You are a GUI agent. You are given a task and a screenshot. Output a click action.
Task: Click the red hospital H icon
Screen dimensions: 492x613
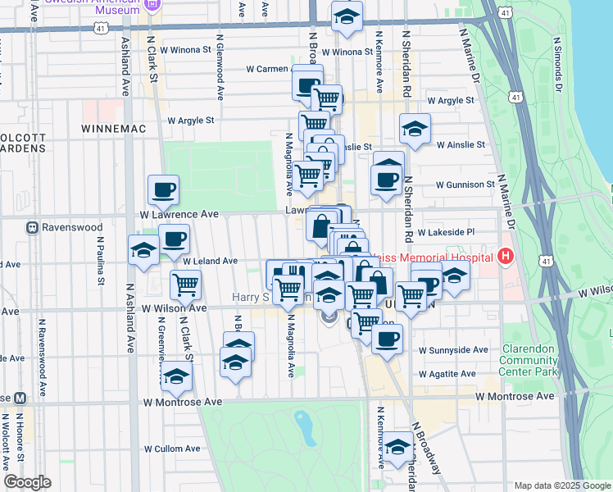(x=505, y=257)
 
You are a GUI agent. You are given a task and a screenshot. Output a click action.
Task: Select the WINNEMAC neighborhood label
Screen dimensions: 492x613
(x=111, y=129)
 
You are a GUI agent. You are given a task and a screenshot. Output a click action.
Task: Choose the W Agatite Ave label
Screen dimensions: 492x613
(x=447, y=374)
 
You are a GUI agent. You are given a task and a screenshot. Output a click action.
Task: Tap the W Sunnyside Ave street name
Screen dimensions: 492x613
(x=453, y=349)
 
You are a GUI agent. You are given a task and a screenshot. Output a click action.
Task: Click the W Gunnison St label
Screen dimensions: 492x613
(x=465, y=184)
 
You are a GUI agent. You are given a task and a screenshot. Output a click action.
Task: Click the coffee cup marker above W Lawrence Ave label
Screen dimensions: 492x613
(x=163, y=189)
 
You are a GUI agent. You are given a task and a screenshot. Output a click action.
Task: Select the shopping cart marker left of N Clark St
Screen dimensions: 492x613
(x=186, y=285)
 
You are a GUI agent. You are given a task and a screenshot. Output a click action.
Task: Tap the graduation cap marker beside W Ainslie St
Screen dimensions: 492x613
(x=415, y=129)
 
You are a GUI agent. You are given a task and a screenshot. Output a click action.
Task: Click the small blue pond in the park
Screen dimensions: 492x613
(x=305, y=428)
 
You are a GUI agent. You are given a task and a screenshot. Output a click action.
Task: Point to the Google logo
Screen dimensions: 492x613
(x=27, y=482)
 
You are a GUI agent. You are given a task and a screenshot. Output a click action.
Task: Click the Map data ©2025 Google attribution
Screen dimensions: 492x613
(x=562, y=485)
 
